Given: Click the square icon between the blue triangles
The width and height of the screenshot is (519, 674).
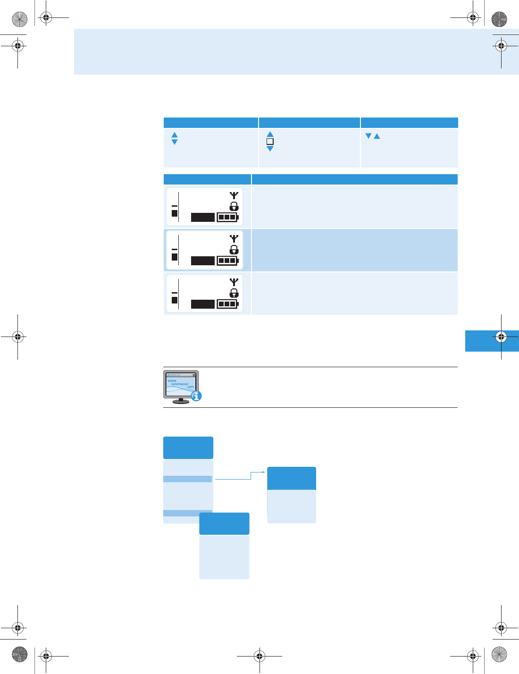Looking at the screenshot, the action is click(270, 142).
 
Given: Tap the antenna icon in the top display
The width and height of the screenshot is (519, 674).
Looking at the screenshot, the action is click(234, 195).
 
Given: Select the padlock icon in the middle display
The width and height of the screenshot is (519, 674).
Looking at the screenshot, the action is click(234, 250).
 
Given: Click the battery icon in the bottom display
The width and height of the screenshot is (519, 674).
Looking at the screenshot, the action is click(227, 304).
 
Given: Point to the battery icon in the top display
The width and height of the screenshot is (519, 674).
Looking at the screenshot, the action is click(227, 217).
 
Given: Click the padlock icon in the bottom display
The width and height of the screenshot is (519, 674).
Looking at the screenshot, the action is click(234, 293).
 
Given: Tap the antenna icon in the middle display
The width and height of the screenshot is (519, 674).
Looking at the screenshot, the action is click(234, 239).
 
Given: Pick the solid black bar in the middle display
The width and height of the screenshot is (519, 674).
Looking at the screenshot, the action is click(203, 261).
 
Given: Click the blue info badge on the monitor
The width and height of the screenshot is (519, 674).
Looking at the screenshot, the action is click(196, 396).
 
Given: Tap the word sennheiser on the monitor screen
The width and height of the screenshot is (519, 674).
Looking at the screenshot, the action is click(180, 384).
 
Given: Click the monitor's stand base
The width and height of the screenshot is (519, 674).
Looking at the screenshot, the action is click(181, 402).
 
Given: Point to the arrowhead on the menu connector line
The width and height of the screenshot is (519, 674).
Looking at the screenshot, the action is click(264, 472).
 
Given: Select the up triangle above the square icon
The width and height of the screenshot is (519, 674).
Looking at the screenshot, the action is click(270, 135).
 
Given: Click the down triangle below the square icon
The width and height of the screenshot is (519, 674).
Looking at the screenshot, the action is click(270, 149).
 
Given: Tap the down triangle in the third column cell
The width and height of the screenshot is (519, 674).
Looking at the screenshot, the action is click(368, 136).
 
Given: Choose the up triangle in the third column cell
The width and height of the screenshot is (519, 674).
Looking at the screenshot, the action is click(377, 136).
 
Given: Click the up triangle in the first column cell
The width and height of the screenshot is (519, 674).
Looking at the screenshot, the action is click(175, 135).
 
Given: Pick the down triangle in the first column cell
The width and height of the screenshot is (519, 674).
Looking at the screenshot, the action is click(175, 142).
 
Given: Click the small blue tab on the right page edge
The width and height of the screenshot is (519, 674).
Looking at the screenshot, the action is click(492, 341).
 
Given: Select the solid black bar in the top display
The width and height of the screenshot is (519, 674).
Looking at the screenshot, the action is click(203, 217).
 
